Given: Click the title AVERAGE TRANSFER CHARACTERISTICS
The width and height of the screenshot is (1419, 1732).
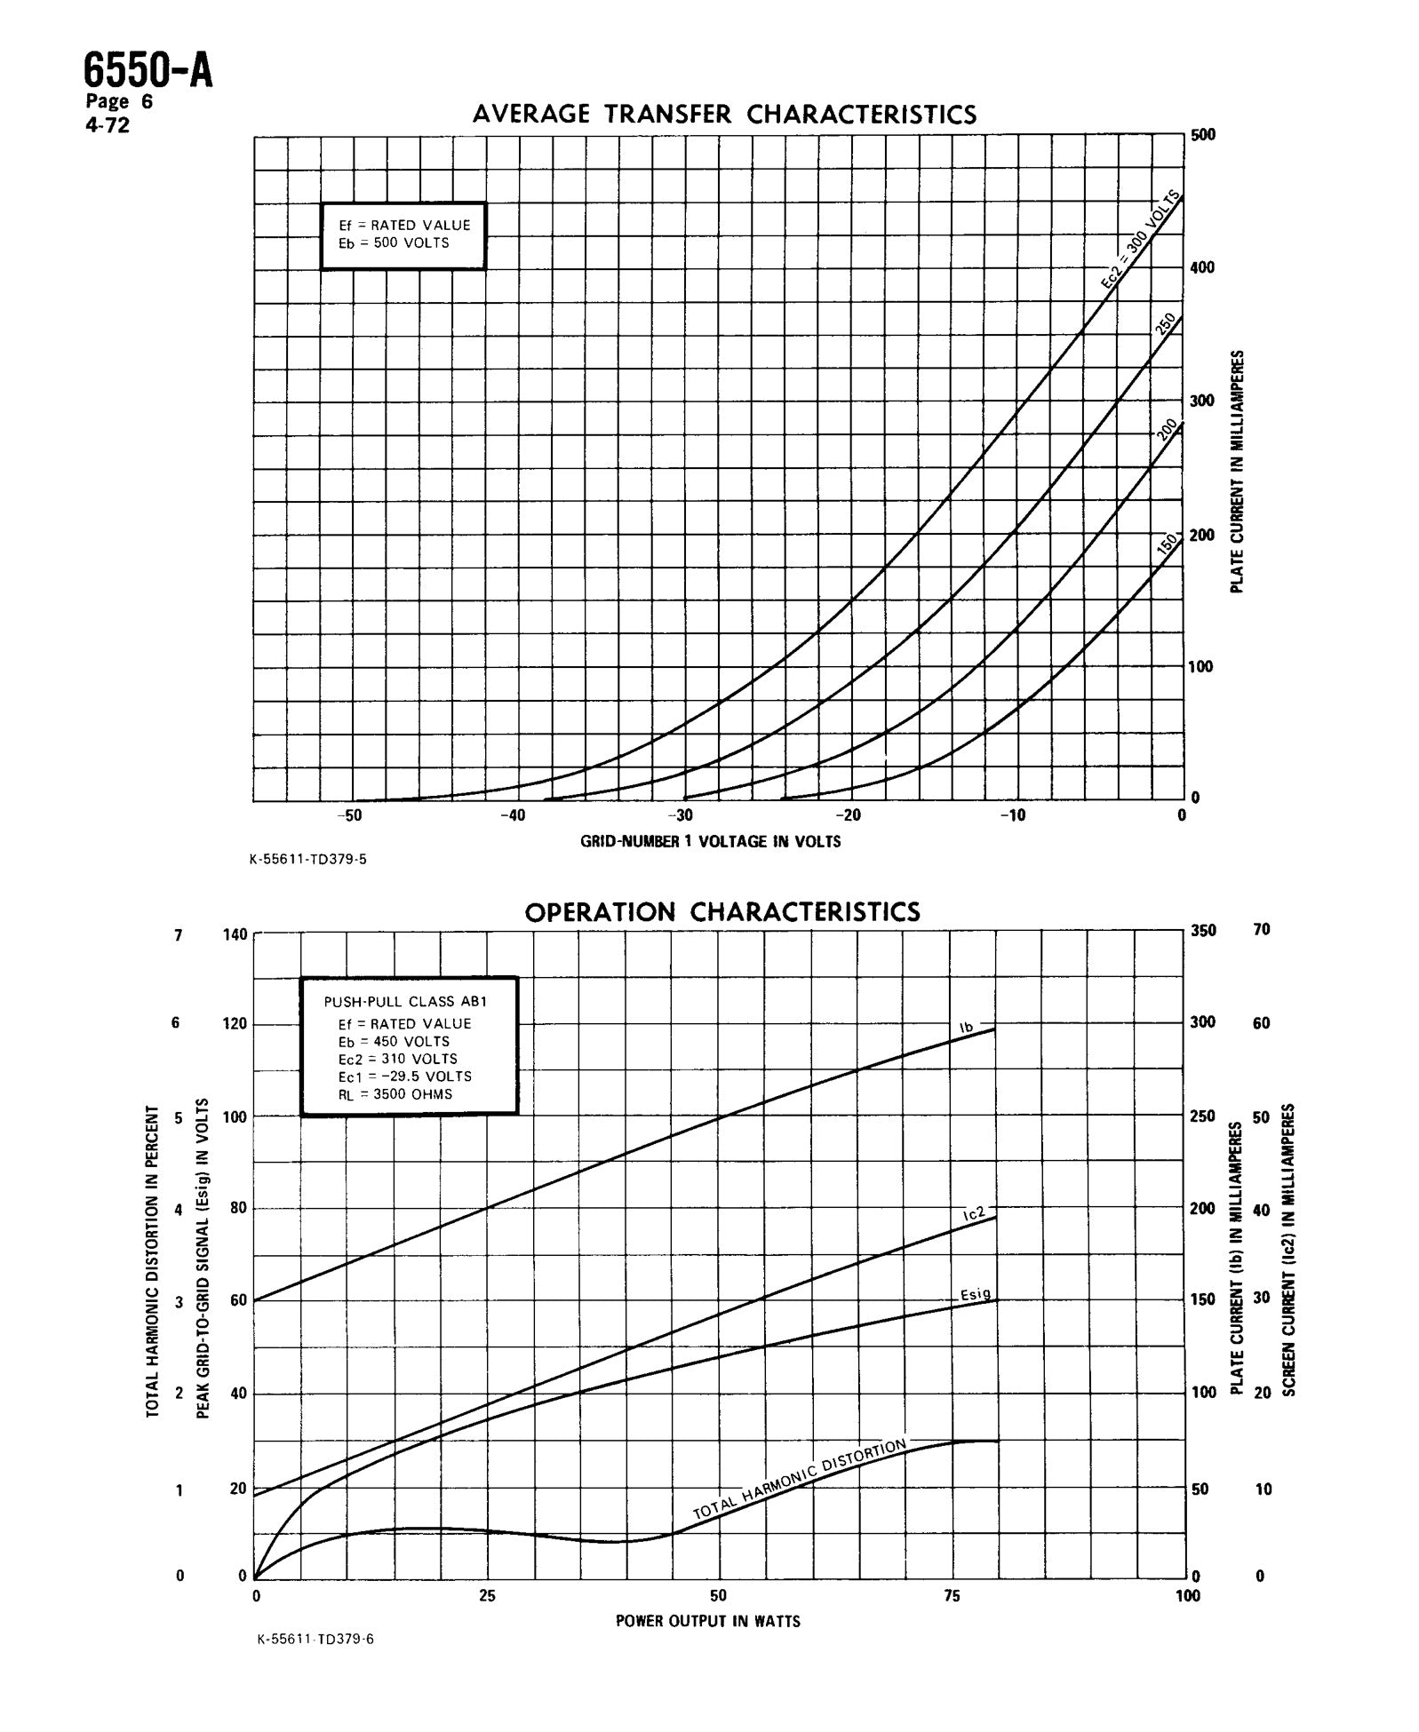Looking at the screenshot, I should pyautogui.click(x=724, y=115).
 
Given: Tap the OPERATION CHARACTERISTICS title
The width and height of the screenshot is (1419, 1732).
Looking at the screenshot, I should pyautogui.click(x=722, y=912).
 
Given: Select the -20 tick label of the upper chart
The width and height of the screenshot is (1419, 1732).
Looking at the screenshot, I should pyautogui.click(x=849, y=815).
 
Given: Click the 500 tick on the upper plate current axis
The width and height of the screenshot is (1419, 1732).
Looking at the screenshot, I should pyautogui.click(x=1203, y=135).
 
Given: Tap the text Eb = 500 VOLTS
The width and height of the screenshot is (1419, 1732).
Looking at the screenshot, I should pyautogui.click(x=394, y=242).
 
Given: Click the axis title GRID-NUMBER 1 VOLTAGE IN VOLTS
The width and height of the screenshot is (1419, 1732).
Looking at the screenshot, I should pyautogui.click(x=710, y=841).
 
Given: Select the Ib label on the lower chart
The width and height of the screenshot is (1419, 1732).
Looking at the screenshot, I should pyautogui.click(x=967, y=1028).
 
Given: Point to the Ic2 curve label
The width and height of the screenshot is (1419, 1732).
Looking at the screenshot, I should pyautogui.click(x=974, y=1213).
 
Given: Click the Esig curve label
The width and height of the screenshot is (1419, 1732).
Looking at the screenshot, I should pyautogui.click(x=975, y=1294).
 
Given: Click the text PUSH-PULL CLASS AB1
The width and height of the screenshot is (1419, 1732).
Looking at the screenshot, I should pyautogui.click(x=405, y=1001).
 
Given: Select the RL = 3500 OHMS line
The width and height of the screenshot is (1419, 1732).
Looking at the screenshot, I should pyautogui.click(x=395, y=1094).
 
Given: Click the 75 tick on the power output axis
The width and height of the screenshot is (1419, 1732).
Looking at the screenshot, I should pyautogui.click(x=951, y=1596).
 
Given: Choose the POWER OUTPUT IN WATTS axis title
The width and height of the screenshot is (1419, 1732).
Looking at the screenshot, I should pyautogui.click(x=707, y=1621).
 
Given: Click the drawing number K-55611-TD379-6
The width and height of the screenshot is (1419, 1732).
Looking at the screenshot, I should pyautogui.click(x=315, y=1664).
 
